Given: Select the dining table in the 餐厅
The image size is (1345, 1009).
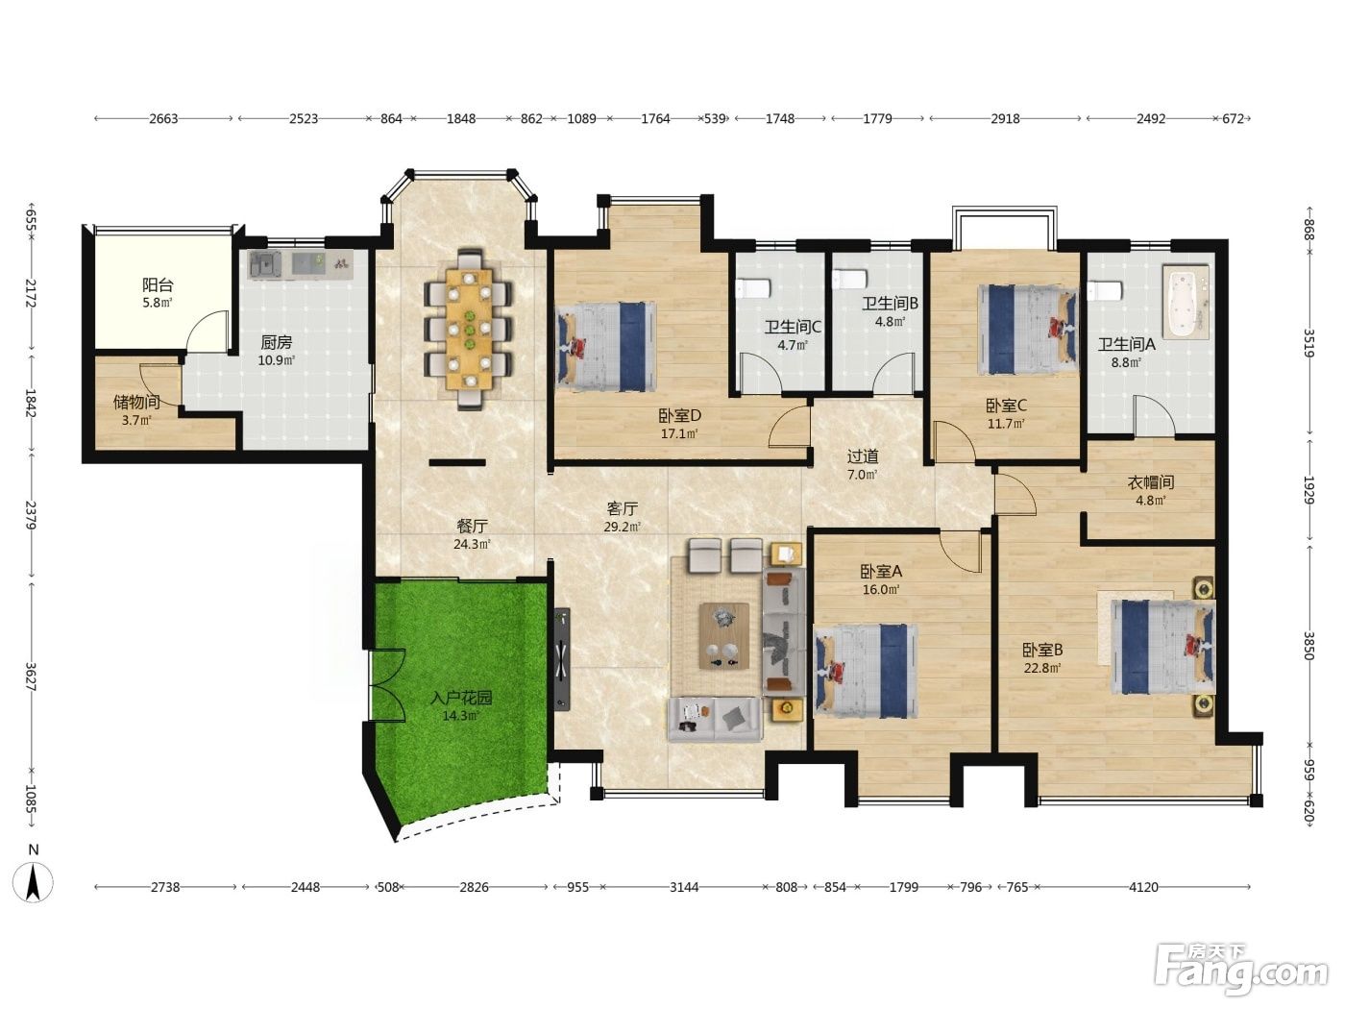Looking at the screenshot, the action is [470, 329].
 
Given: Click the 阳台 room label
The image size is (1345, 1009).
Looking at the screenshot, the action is [159, 284].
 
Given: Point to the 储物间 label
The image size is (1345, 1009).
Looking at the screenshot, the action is [136, 402].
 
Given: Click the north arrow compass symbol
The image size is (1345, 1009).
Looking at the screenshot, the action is [34, 876].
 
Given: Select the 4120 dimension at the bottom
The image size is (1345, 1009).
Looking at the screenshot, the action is [1143, 887].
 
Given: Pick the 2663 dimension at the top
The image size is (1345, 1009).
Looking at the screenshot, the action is [163, 119].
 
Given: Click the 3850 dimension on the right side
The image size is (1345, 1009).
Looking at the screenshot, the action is [1308, 646].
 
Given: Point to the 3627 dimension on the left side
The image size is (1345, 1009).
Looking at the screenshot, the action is [31, 677].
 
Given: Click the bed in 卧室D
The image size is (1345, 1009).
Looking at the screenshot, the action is [605, 347].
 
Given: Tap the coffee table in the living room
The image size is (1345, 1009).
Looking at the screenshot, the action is [724, 635].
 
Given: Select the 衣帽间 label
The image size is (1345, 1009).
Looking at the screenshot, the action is [1151, 482].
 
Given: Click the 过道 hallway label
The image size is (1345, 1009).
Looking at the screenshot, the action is [863, 456].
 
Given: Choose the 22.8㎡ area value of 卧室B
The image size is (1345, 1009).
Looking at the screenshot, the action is [1042, 668].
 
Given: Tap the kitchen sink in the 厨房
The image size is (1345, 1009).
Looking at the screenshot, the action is [265, 264].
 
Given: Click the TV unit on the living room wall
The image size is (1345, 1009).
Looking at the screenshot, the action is [563, 658].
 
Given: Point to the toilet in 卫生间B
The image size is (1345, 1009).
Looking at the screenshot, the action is [848, 280].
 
